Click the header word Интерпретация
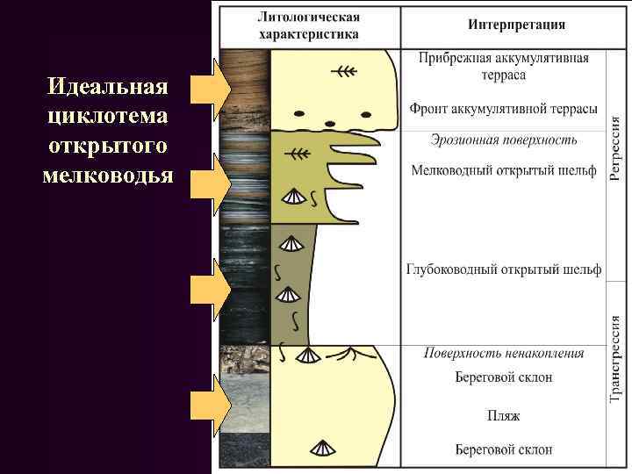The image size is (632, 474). (x=503, y=24)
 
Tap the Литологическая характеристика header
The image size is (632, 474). (x=308, y=25)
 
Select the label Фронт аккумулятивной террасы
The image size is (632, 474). (x=503, y=110)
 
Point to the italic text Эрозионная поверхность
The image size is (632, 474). (x=503, y=140)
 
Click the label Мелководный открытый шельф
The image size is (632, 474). (x=503, y=169)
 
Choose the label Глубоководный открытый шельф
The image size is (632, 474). (x=503, y=269)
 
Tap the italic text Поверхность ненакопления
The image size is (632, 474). (x=503, y=354)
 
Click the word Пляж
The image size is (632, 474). (x=504, y=414)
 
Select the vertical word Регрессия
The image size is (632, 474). (x=615, y=149)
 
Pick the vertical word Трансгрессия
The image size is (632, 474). (x=615, y=359)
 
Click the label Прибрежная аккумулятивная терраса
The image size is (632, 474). (x=503, y=67)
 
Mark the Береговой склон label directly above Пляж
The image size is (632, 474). (x=503, y=378)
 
